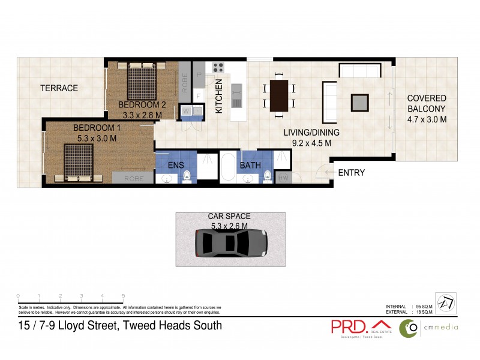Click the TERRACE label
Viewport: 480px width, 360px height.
point(59,88)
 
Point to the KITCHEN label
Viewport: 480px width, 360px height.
point(219,96)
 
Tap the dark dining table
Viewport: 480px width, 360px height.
point(279,95)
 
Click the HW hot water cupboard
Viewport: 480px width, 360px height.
point(283,178)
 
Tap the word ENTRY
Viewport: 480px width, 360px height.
point(352,173)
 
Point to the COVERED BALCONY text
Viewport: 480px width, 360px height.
point(427,109)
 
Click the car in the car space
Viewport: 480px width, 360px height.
point(231,244)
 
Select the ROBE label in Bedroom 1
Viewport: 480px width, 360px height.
point(133,179)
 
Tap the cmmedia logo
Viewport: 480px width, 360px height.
point(430,327)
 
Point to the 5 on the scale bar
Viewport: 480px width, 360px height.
point(123,296)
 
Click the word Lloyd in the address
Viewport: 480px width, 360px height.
point(75,326)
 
